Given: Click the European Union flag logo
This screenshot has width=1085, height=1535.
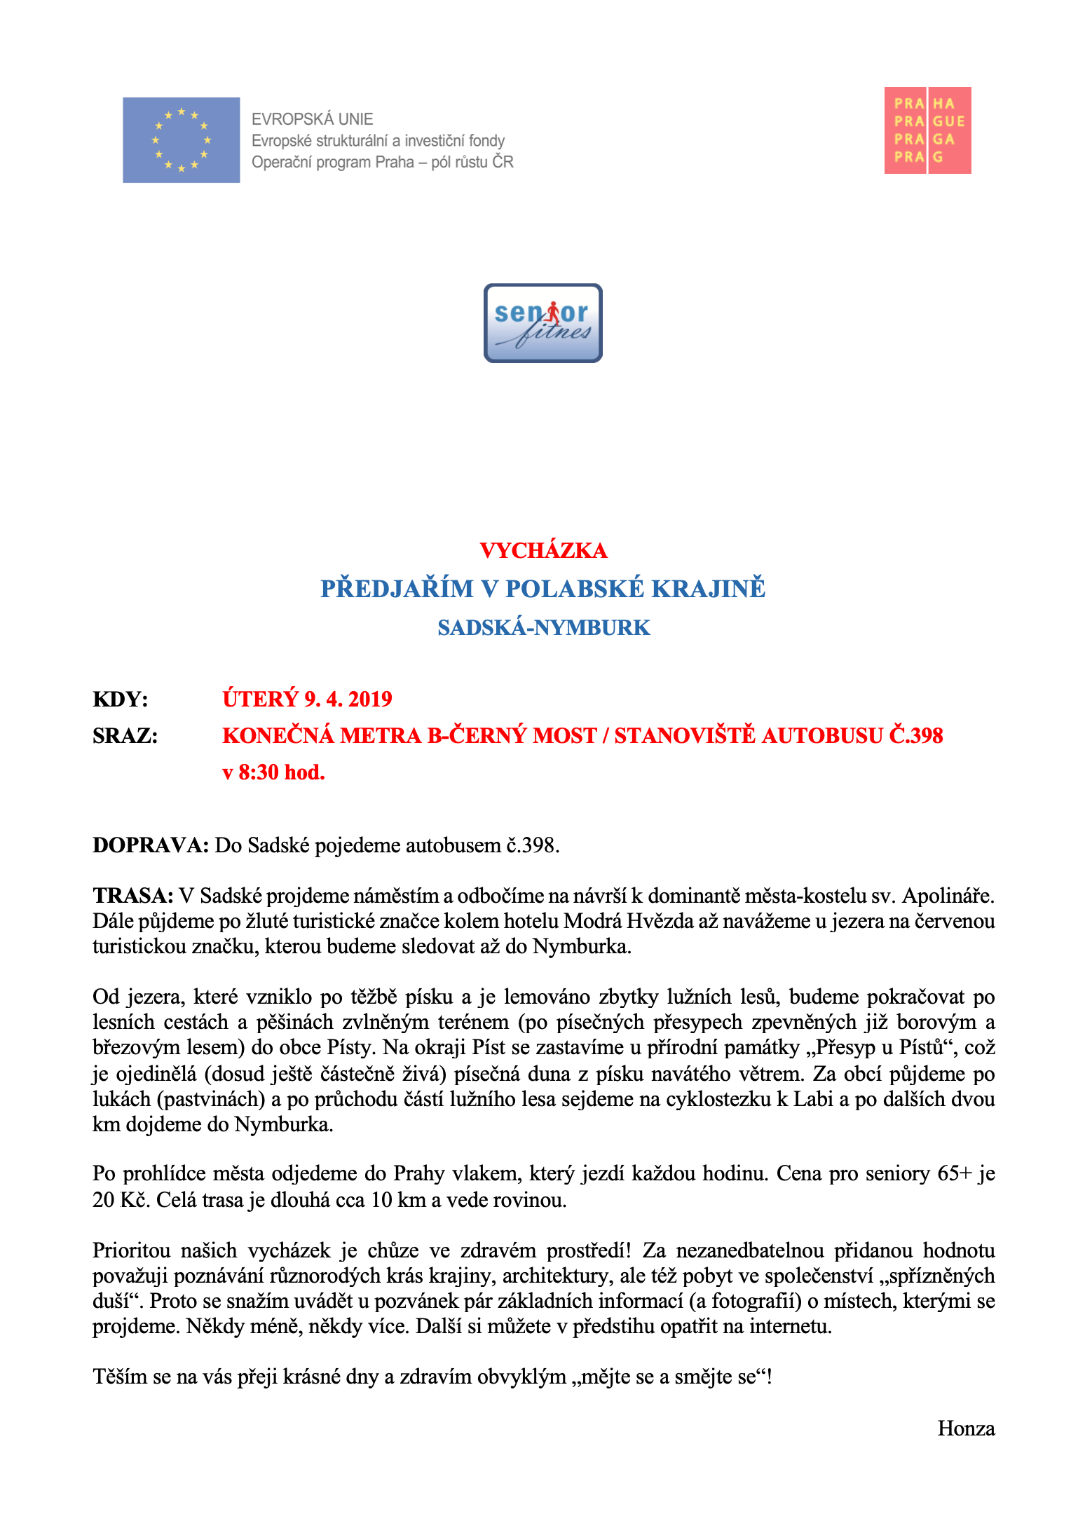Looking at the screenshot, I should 181,140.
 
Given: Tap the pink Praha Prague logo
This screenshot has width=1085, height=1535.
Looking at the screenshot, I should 927,130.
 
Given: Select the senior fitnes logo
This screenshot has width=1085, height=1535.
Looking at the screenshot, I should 542,323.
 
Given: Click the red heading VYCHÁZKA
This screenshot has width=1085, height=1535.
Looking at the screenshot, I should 543,551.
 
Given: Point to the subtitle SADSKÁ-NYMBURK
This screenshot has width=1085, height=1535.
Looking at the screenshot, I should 544,627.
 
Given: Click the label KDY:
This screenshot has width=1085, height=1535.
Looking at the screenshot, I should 120,699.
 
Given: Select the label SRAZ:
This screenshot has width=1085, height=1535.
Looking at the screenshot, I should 125,735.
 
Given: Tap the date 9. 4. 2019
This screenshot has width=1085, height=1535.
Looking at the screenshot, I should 348,699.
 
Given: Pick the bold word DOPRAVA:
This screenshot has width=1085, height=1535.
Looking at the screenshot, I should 151,845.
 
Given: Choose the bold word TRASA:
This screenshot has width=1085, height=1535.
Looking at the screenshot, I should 132,896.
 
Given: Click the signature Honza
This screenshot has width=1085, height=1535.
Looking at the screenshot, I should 966,1428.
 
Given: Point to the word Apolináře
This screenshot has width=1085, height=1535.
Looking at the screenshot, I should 948,896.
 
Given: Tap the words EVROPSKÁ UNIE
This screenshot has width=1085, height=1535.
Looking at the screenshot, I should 313,119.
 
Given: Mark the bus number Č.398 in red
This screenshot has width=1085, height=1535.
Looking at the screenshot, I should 916,735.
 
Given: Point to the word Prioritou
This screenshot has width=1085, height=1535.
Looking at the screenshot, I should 132,1250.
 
